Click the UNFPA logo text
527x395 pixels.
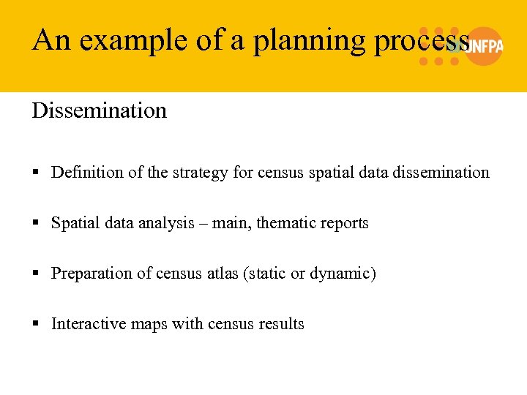485,46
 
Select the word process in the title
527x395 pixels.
421,40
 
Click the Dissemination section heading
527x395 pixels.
100,111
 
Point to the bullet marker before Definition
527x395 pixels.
36,173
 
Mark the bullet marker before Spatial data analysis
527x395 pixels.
36,224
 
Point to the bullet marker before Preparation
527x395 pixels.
36,274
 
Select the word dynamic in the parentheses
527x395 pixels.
343,274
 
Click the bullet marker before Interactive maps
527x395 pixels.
36,325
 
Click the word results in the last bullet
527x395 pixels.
281,324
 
